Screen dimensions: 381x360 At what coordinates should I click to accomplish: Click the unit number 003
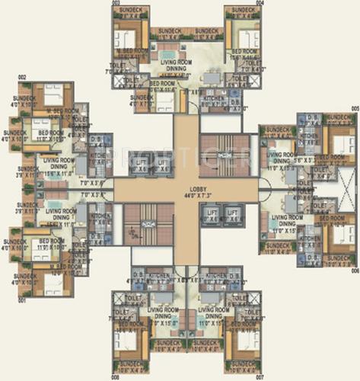pos(116,3)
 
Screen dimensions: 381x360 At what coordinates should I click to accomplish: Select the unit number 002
pos(22,77)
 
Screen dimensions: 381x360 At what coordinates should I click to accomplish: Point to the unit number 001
pos(22,300)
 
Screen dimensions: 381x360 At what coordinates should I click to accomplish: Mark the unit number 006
pos(354,271)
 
